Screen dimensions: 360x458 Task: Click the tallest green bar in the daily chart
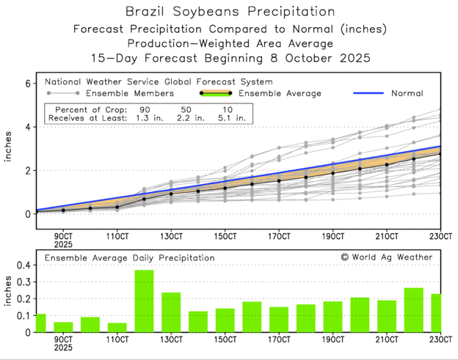144,301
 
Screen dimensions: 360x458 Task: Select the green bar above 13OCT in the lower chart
171,312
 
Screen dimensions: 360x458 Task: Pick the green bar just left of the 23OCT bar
414,309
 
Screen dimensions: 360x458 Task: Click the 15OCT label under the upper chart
225,236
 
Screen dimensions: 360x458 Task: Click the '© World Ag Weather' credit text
386,257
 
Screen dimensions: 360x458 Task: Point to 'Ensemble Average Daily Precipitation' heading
129,258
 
